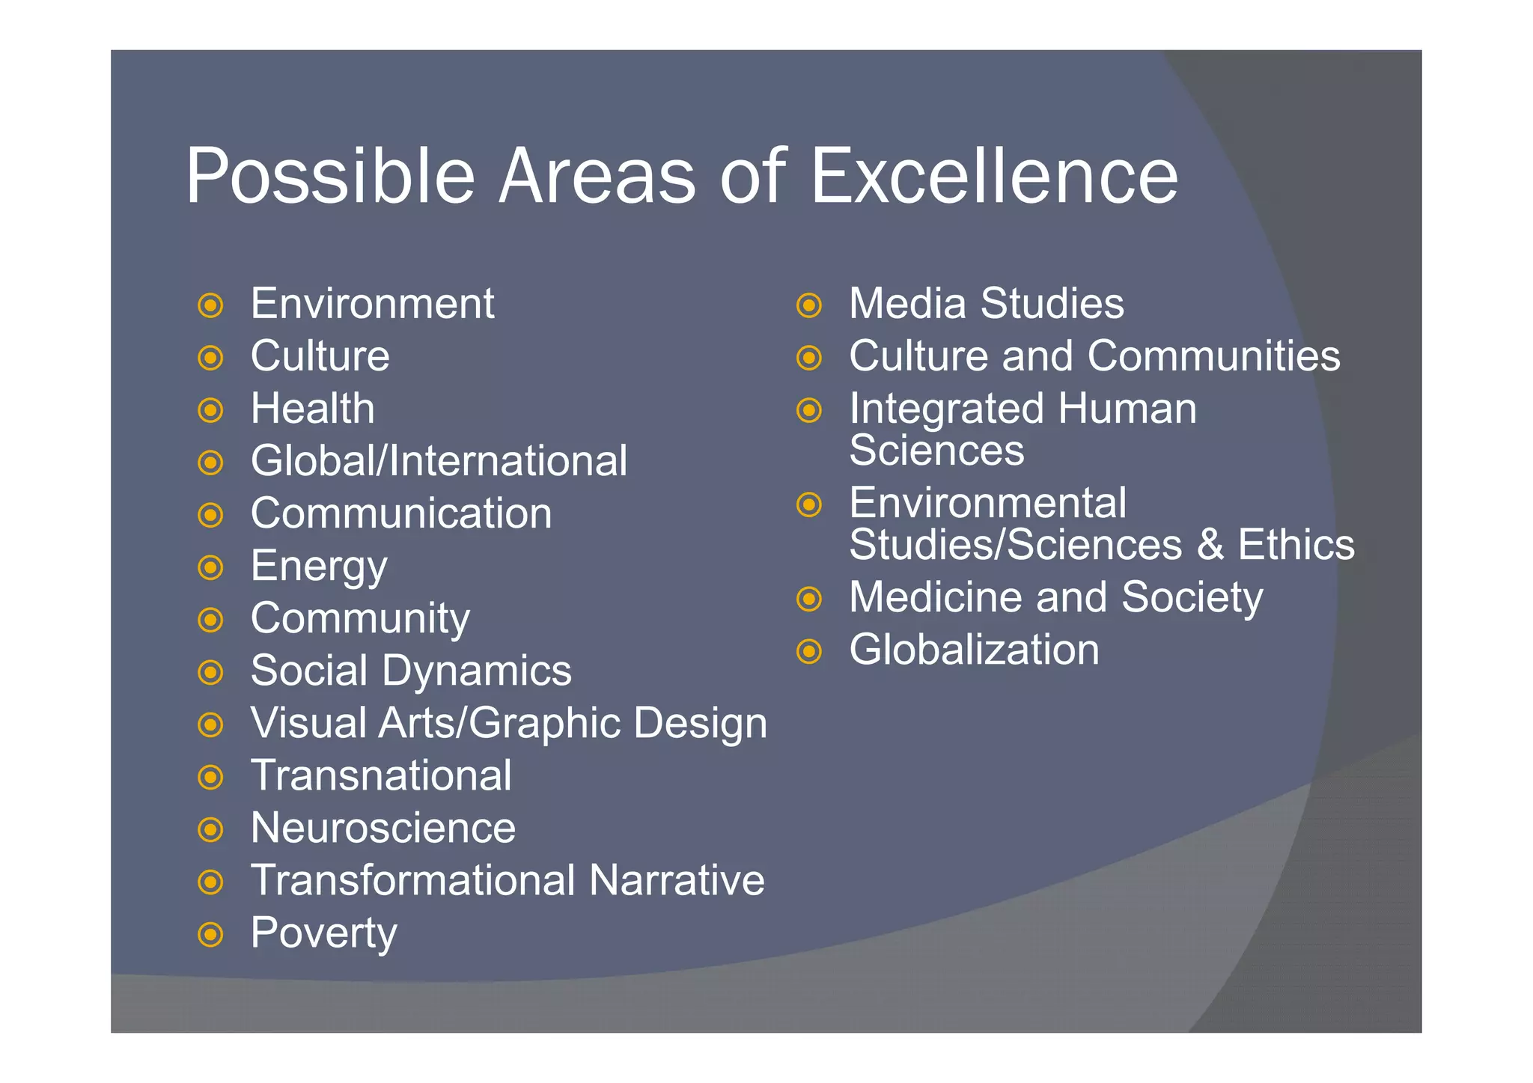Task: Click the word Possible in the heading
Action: click(330, 176)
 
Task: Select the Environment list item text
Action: click(372, 304)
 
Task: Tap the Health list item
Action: click(312, 409)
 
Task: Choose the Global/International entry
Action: click(439, 461)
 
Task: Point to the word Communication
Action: click(401, 513)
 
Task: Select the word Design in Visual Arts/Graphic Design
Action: click(701, 724)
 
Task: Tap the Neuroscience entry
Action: click(383, 828)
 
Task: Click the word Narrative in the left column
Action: click(677, 880)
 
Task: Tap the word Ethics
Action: click(1296, 545)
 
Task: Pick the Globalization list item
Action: click(974, 650)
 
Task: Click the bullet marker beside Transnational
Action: click(211, 777)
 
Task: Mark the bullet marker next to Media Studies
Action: click(809, 305)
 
